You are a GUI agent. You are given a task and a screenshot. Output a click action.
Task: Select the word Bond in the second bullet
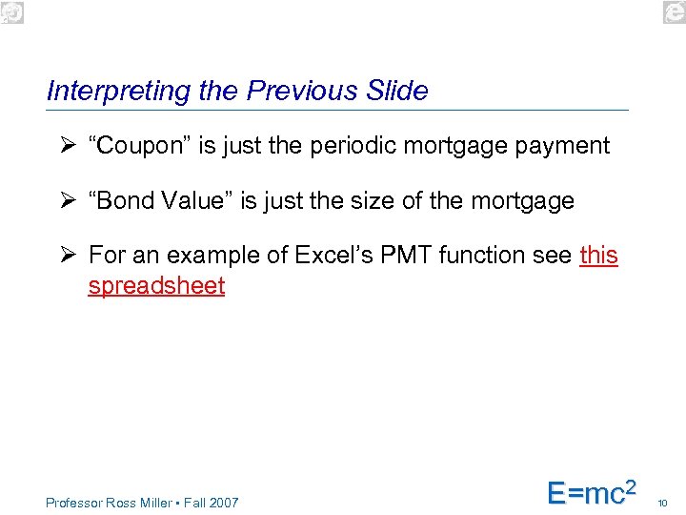[x=119, y=201]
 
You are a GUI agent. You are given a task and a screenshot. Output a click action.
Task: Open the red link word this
[x=598, y=256]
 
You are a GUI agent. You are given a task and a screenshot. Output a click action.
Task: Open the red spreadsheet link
[x=156, y=286]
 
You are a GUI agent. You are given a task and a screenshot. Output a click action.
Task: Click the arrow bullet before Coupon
[x=65, y=146]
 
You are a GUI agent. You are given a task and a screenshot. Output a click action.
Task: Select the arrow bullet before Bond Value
[x=65, y=201]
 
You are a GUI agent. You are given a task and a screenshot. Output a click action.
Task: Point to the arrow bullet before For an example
[x=65, y=256]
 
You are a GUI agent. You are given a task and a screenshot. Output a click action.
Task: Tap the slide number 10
[x=663, y=503]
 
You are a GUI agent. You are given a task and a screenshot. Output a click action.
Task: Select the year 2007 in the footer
[x=223, y=503]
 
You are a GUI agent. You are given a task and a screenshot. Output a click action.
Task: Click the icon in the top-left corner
[x=11, y=11]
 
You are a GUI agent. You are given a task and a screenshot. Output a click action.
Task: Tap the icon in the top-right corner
[x=674, y=11]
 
